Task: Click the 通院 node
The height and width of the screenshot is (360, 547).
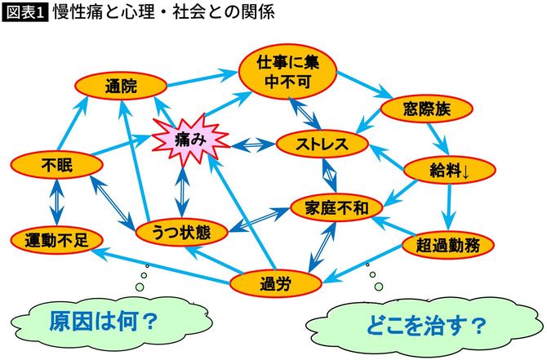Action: click(x=120, y=86)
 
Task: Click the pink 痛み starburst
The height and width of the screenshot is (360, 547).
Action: click(x=189, y=140)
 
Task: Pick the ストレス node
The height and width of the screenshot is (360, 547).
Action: click(x=323, y=144)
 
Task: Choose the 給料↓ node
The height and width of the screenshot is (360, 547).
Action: click(x=448, y=171)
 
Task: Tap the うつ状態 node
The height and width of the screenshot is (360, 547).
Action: click(x=181, y=233)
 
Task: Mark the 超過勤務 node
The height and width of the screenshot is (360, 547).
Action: click(x=448, y=243)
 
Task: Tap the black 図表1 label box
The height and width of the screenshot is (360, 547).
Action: click(x=25, y=13)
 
